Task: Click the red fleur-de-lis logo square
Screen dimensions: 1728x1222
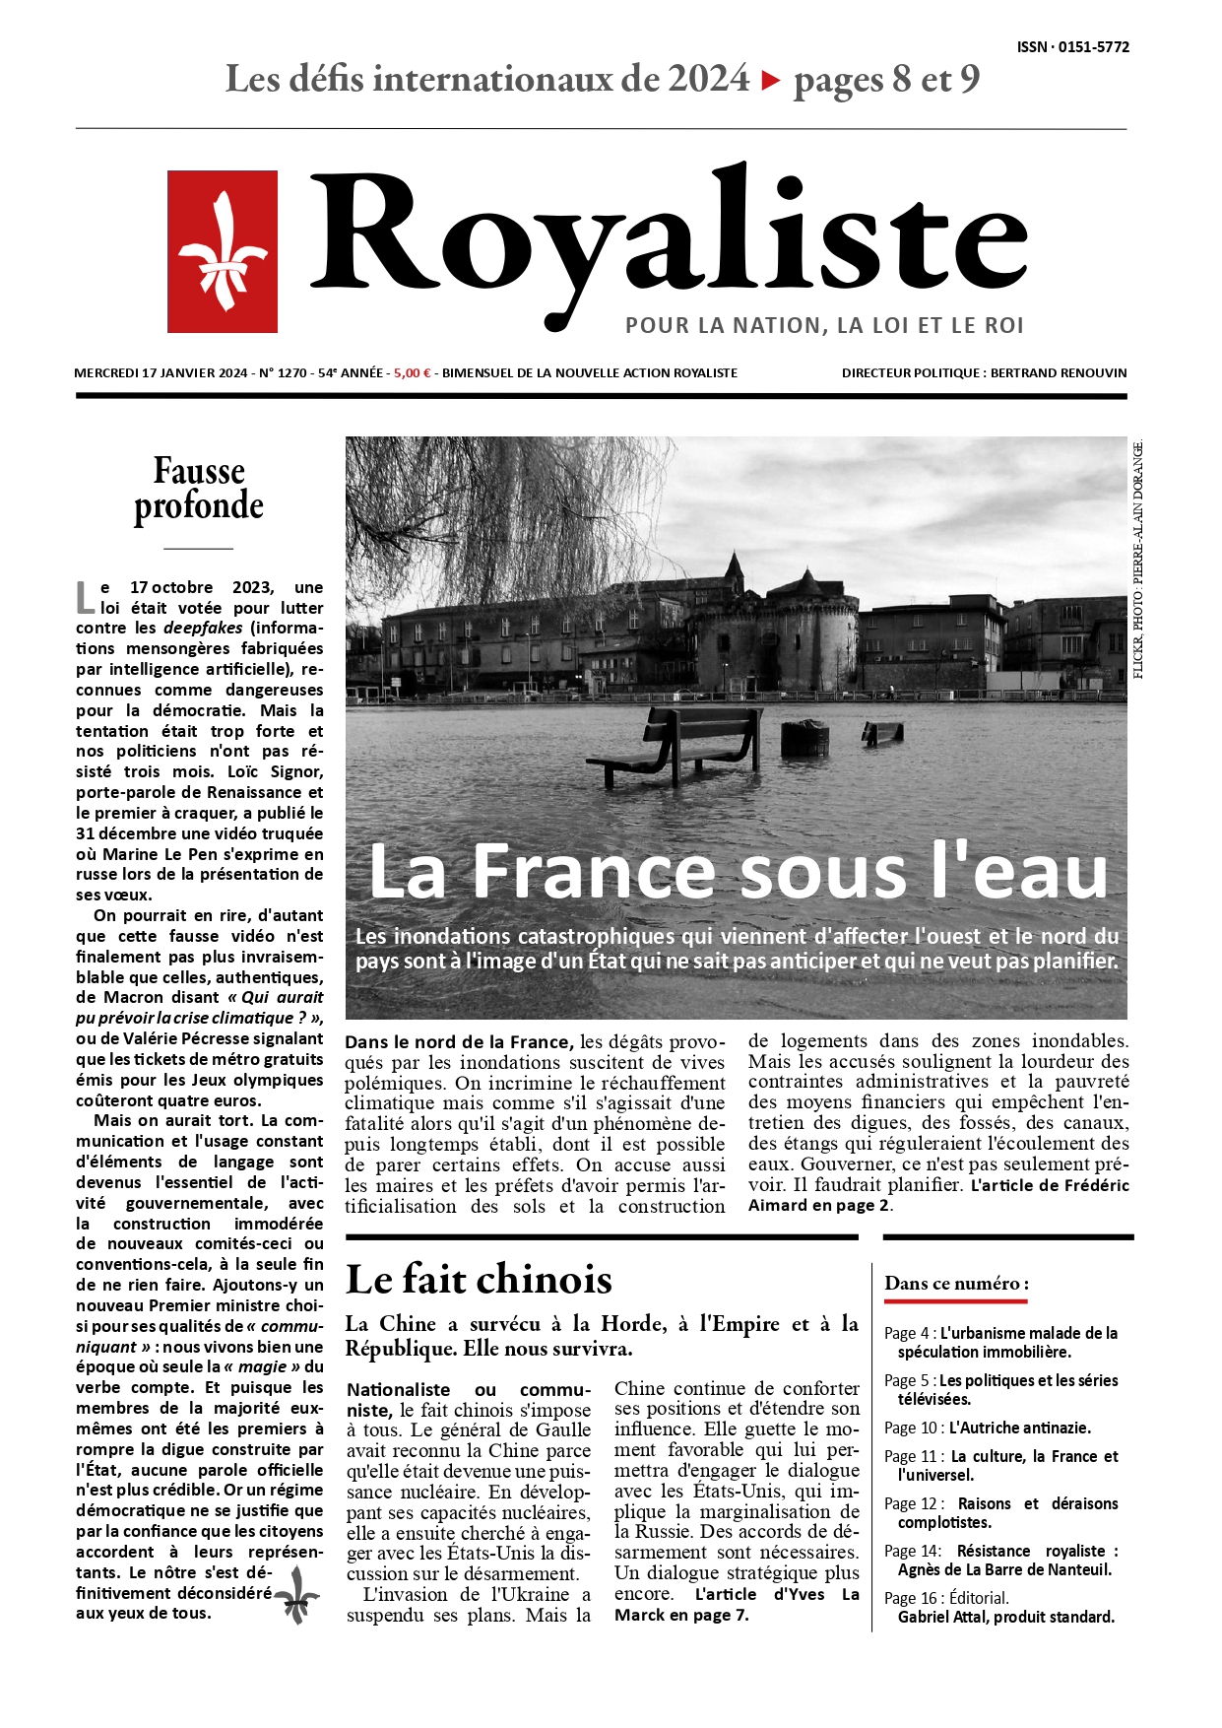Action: [x=223, y=251]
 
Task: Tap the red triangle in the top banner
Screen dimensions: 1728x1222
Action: [x=771, y=81]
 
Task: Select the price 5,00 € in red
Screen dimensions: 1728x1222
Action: [x=413, y=373]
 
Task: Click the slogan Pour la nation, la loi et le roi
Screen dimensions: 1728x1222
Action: [x=824, y=325]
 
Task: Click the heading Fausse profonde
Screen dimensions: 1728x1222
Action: [x=199, y=489]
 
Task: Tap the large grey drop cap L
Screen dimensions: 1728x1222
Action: [x=86, y=596]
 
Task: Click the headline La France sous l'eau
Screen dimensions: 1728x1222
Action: [x=738, y=872]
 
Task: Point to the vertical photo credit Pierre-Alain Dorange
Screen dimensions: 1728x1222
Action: [x=1137, y=562]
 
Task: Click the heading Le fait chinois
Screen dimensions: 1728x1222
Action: [x=479, y=1279]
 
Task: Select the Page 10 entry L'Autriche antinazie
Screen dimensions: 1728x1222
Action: [x=987, y=1428]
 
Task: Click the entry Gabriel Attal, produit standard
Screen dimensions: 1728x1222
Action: [x=1005, y=1617]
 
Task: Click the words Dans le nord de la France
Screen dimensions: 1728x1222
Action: [x=458, y=1041]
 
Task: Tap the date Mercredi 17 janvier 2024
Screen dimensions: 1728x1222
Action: [x=161, y=373]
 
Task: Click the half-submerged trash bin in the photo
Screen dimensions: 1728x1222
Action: [x=804, y=738]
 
